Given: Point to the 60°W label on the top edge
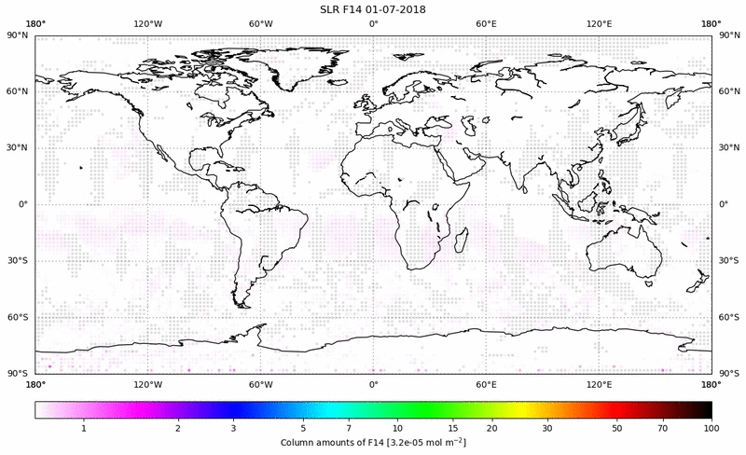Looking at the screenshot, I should coord(261,22).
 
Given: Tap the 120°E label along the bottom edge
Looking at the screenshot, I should coord(599,384).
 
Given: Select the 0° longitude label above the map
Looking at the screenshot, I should coord(373,22).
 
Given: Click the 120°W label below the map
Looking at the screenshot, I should coord(147,384).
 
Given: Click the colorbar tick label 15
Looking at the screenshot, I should coord(451,426).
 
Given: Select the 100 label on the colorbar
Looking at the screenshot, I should coord(711,426).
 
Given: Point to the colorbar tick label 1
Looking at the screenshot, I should coord(84,426).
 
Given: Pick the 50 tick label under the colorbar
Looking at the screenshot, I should coord(617,426).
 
